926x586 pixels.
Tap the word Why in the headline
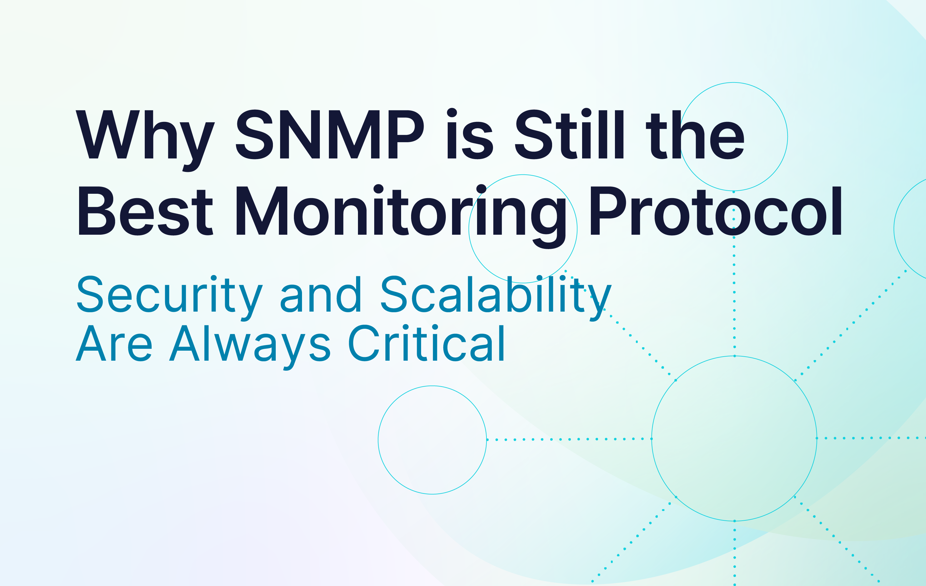[145, 141]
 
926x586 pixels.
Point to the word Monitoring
[401, 217]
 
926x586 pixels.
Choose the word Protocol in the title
[716, 211]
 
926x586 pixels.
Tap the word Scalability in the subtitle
[496, 298]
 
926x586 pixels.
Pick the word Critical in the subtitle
[426, 343]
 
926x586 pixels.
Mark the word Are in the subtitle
[114, 343]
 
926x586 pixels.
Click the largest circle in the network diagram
[652, 438]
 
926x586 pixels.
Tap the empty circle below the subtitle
[378, 440]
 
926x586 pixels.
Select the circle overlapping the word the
[788, 137]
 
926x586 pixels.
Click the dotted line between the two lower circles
[569, 439]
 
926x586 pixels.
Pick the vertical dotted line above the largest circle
[734, 274]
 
